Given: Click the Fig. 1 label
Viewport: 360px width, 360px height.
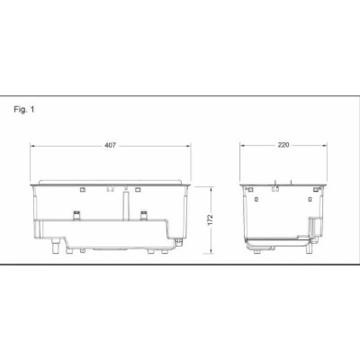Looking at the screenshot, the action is coord(24,110).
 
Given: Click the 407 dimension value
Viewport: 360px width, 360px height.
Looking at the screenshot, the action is coord(110,146).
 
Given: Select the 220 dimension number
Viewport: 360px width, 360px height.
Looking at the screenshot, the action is coord(283,145).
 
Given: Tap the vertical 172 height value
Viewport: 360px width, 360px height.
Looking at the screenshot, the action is coord(210,220).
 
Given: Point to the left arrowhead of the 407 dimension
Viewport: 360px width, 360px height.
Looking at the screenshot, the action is coord(32,146).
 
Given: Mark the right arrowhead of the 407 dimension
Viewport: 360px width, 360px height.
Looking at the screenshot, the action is coord(188,146).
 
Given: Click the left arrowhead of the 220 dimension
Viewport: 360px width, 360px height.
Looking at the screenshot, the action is coord(242,145).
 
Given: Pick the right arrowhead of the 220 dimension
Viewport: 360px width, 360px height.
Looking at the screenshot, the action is coord(324,145).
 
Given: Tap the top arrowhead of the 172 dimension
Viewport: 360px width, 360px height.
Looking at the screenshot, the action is coord(211,189).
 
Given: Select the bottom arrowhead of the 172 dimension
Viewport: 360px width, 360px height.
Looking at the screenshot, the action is coord(211,251).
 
